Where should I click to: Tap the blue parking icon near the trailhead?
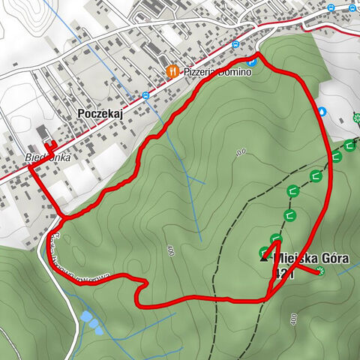[252, 62]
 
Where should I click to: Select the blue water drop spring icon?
[322, 111]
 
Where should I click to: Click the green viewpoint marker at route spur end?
[320, 271]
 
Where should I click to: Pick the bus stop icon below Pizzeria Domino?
[145, 95]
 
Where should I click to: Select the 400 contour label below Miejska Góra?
[292, 319]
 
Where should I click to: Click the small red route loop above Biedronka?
[50, 145]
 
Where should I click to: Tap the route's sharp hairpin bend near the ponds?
[139, 284]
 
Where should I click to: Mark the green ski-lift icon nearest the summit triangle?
[265, 252]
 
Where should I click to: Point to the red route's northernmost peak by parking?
[259, 55]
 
